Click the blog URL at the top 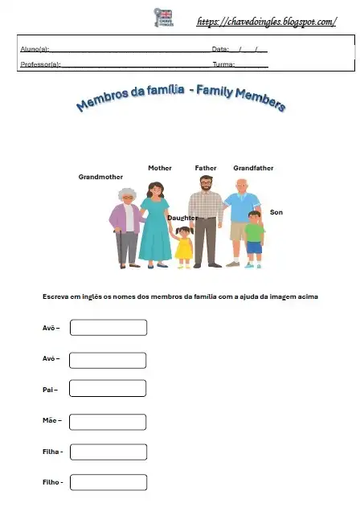click(x=266, y=22)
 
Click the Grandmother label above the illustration click(x=100, y=176)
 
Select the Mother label click(x=160, y=168)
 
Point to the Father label click(x=206, y=168)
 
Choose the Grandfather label click(x=253, y=168)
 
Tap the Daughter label click(x=182, y=218)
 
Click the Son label click(x=276, y=212)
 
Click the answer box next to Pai click(x=108, y=389)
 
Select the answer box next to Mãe click(x=108, y=421)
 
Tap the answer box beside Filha click(x=108, y=452)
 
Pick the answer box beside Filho click(x=108, y=482)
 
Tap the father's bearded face click(x=207, y=184)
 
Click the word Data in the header click(x=220, y=50)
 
